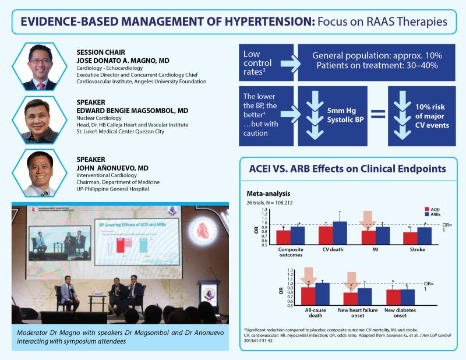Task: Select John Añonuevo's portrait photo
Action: pos(38,169)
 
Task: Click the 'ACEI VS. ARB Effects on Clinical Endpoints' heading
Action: pos(343,171)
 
